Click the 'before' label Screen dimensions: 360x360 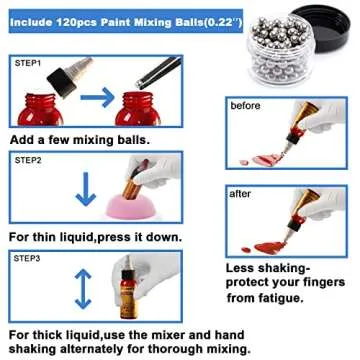246,105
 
